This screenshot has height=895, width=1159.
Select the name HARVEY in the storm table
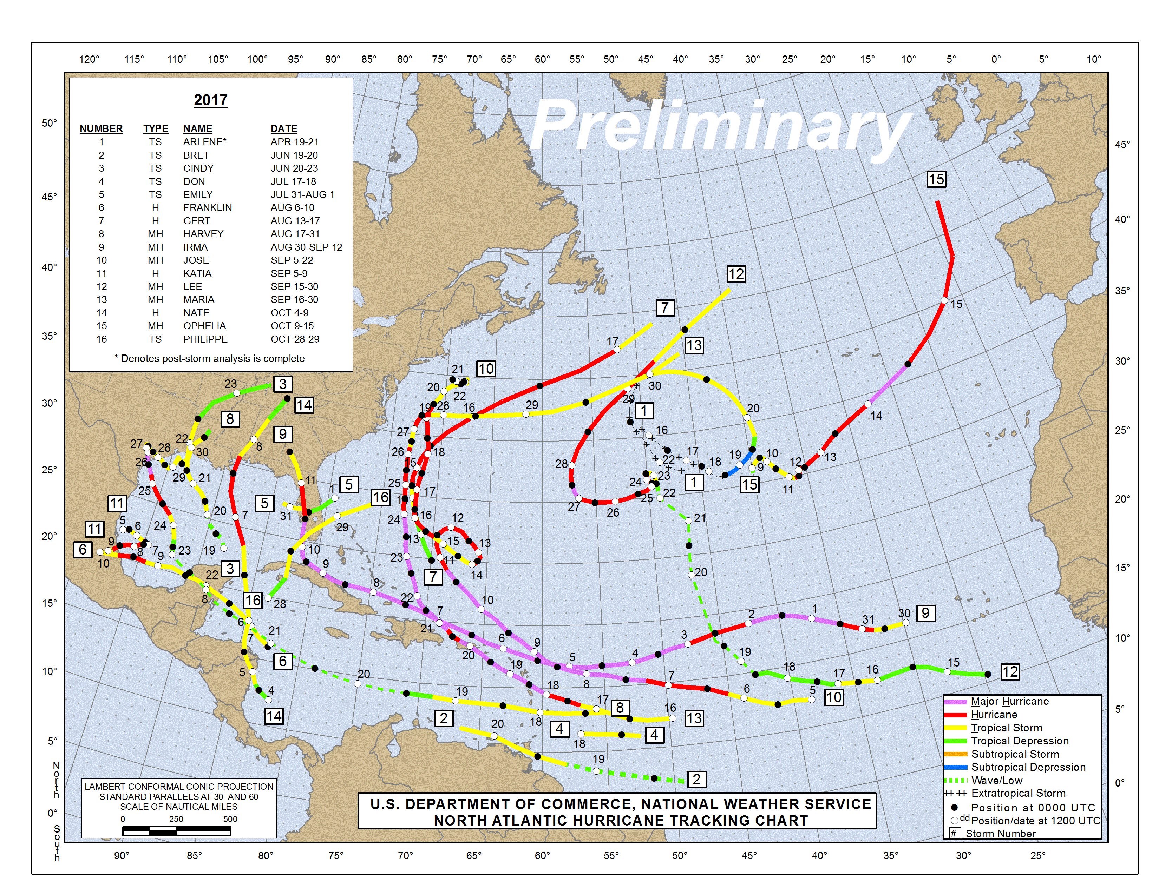pos(203,234)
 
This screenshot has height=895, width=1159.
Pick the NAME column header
pos(197,128)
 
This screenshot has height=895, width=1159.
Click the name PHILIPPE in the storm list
pos(205,339)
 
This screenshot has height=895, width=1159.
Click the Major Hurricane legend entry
pos(1009,702)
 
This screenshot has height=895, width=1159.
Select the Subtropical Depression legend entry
pos(1028,767)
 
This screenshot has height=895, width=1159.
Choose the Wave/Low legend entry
pos(997,781)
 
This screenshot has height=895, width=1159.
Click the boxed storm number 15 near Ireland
pos(936,179)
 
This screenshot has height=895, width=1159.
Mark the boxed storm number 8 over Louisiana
pos(230,419)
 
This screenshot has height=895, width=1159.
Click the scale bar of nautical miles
pos(177,831)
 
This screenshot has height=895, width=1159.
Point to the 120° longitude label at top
pos(89,59)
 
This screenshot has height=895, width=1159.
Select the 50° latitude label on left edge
pos(50,123)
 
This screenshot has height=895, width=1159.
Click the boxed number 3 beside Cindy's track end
pos(283,384)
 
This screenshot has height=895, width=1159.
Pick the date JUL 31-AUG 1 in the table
pos(302,194)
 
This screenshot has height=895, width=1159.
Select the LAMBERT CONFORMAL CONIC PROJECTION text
pos(179,786)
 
